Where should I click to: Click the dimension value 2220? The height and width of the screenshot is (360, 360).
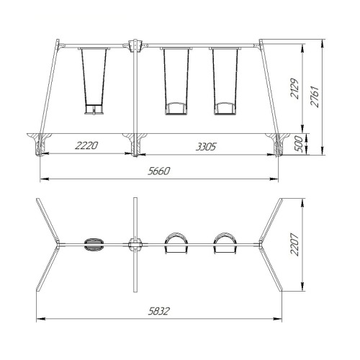click(86, 145)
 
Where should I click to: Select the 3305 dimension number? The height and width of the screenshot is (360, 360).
click(206, 147)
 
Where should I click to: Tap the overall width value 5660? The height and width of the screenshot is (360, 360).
click(159, 171)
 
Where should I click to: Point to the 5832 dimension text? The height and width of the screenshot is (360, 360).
click(159, 311)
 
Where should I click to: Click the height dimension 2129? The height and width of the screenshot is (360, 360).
click(294, 89)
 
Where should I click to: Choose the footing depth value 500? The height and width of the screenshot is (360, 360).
click(298, 143)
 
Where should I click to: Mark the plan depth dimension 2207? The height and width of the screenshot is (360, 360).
click(294, 245)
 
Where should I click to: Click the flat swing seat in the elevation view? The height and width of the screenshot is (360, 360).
click(94, 109)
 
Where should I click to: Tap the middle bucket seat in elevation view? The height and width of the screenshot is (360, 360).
click(176, 109)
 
